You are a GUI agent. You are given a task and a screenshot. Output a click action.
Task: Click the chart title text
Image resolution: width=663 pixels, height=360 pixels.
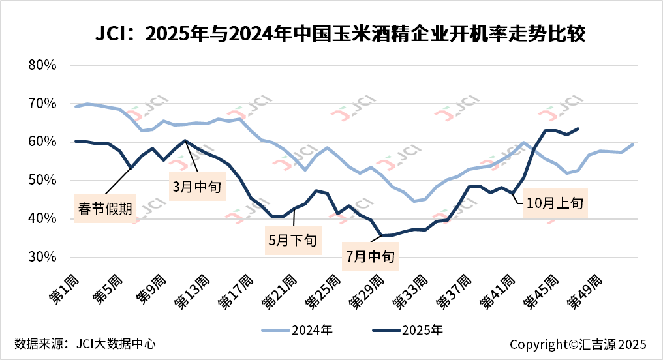pyautogui.click(x=331, y=33)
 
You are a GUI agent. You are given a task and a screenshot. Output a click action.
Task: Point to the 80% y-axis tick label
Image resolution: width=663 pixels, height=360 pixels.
pyautogui.click(x=43, y=65)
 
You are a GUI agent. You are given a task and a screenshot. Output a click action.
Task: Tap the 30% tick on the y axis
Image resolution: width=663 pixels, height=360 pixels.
pyautogui.click(x=43, y=257)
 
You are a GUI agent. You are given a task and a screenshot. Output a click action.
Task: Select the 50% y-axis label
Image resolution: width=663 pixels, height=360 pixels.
pyautogui.click(x=43, y=181)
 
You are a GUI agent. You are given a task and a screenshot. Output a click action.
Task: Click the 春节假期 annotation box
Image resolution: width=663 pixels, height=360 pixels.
pyautogui.click(x=104, y=209)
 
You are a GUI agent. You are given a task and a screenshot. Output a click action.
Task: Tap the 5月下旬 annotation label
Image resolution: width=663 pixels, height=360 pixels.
pyautogui.click(x=292, y=239)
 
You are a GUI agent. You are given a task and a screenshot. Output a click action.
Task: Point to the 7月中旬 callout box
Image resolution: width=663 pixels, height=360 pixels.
pyautogui.click(x=370, y=256)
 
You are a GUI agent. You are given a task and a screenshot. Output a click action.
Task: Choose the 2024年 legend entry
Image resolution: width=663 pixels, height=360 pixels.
pyautogui.click(x=297, y=330)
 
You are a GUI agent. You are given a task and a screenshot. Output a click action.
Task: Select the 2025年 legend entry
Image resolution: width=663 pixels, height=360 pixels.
pyautogui.click(x=408, y=330)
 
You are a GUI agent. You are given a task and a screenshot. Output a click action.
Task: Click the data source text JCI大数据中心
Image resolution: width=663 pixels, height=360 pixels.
pyautogui.click(x=85, y=343)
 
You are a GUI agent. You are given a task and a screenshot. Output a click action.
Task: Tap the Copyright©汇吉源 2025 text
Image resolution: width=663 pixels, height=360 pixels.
pyautogui.click(x=578, y=344)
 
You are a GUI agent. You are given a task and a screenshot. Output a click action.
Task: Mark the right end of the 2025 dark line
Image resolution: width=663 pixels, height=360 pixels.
pyautogui.click(x=578, y=128)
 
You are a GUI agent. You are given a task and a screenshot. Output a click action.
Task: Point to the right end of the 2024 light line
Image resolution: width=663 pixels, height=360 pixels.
pyautogui.click(x=633, y=144)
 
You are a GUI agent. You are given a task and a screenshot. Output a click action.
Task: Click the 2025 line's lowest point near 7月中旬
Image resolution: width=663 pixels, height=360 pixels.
pyautogui.click(x=381, y=235)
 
